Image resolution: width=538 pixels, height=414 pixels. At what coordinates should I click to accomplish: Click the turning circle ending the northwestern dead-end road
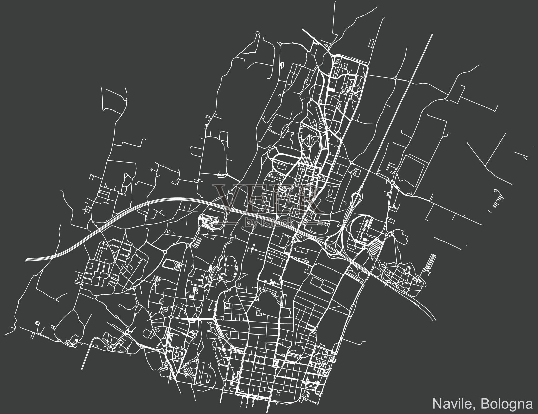pos(257,33)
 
